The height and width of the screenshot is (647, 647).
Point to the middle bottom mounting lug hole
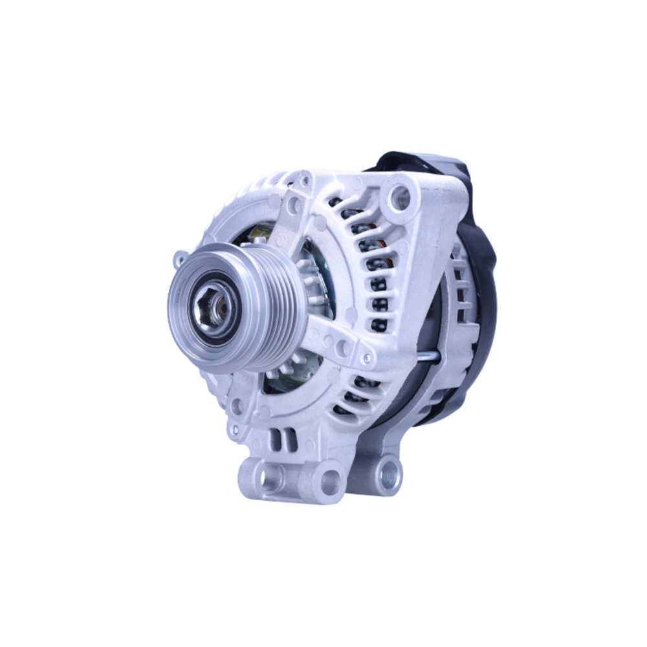[331, 481]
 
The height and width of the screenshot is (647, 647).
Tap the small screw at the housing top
[304, 181]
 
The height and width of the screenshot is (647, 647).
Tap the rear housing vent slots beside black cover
[461, 291]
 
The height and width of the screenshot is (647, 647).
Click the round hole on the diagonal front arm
[294, 206]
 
